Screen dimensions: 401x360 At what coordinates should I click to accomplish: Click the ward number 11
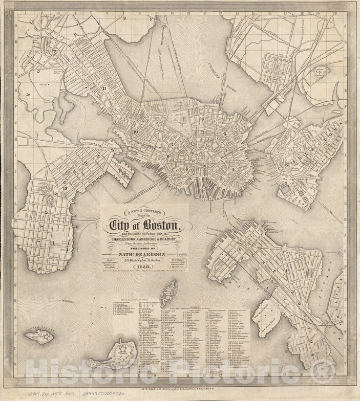pyautogui.click(x=104, y=88)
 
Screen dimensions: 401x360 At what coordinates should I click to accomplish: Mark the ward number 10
pyautogui.click(x=136, y=132)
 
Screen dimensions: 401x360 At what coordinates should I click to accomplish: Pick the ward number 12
pyautogui.click(x=65, y=188)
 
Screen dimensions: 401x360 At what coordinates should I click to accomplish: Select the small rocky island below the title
pyautogui.click(x=167, y=293)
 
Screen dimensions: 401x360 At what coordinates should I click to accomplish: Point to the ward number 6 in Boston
pyautogui.click(x=203, y=119)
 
